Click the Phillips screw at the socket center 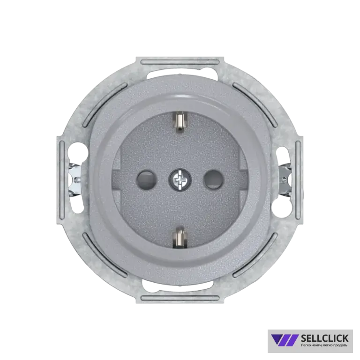pos(180,180)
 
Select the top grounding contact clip pos(180,121)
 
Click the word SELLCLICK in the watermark pos(324,338)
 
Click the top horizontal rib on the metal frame pos(180,62)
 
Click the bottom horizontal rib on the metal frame pos(180,298)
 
